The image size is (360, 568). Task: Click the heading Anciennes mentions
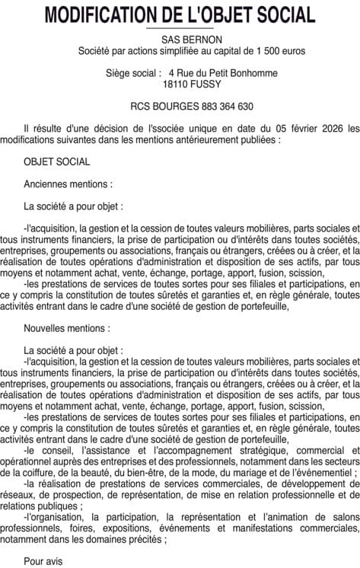tap(68, 183)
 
